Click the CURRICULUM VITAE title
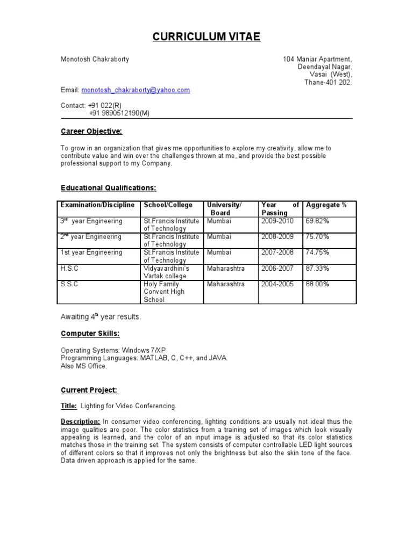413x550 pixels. pos(206,37)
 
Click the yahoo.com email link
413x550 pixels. pos(136,90)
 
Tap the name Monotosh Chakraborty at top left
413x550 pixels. pos(95,59)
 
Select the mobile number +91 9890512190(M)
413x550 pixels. pos(119,113)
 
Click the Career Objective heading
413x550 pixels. pos(91,132)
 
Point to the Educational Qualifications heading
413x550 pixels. pos(108,188)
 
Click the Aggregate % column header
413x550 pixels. pos(326,205)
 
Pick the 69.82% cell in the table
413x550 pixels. pos(317,221)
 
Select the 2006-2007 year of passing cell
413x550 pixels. pos(277,268)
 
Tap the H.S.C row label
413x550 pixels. pos(69,268)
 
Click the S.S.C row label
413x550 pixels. pos(69,284)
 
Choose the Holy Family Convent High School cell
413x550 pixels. pos(164,292)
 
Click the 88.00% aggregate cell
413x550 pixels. pos(317,284)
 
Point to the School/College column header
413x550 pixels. pos(168,205)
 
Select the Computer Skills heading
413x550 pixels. pos(90,334)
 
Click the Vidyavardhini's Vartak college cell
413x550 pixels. pos(166,272)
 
